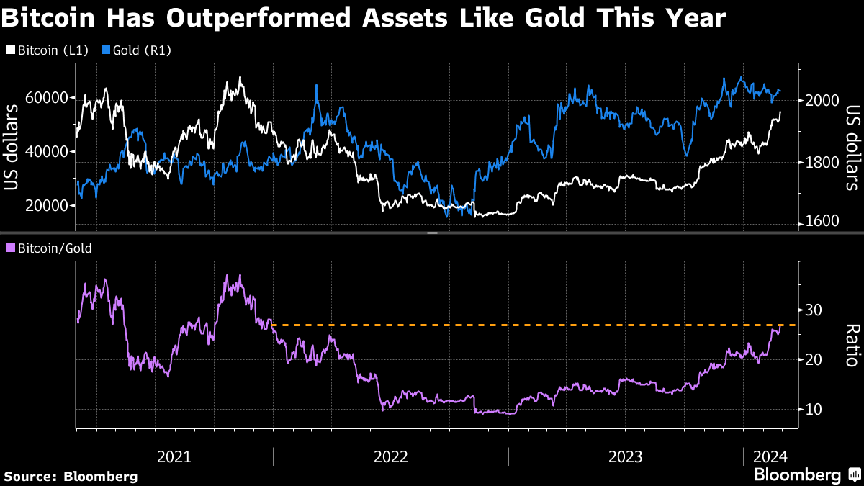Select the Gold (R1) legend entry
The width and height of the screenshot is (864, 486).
tap(136, 50)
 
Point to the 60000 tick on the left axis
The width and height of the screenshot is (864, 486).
tap(46, 98)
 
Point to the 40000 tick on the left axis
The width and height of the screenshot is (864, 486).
tap(46, 152)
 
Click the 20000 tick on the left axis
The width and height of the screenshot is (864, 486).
tap(46, 206)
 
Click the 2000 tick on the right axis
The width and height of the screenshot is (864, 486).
tap(821, 101)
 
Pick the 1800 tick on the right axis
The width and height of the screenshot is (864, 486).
tap(821, 163)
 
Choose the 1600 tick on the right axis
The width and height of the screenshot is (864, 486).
tap(821, 222)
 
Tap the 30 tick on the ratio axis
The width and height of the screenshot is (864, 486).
tap(814, 310)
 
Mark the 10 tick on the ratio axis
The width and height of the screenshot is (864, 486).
tap(814, 410)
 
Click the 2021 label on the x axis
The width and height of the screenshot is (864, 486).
tap(174, 456)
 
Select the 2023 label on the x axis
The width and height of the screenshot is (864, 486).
tap(626, 456)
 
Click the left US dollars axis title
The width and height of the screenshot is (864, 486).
tap(12, 148)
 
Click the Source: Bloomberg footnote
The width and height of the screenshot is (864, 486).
tap(71, 476)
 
